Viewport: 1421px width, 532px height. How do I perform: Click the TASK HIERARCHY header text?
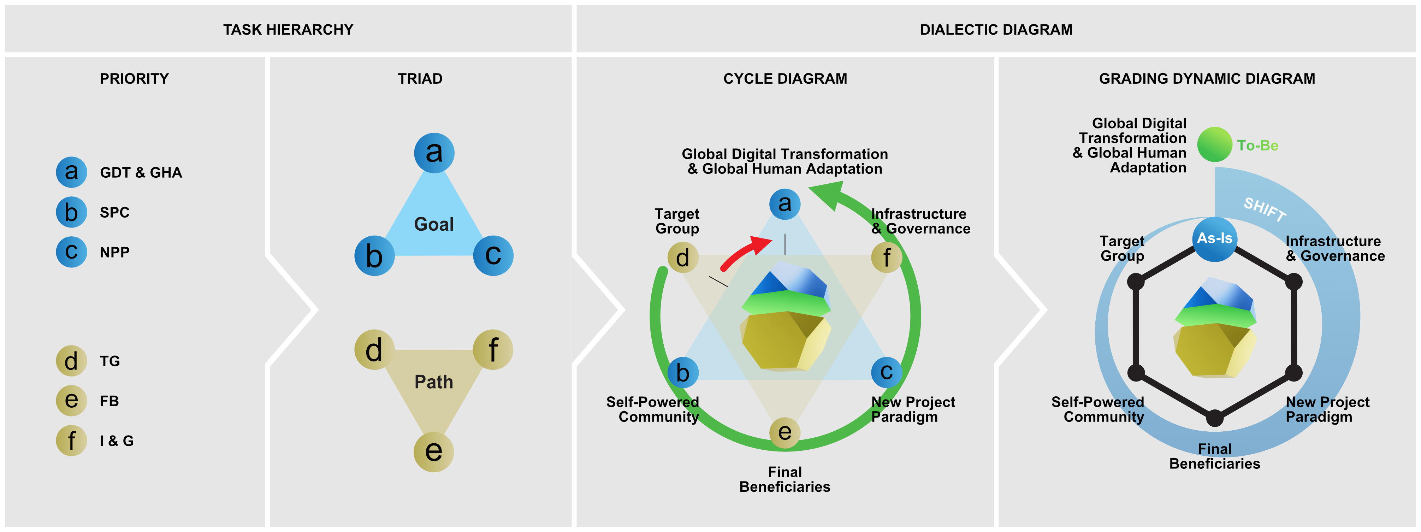pyautogui.click(x=288, y=30)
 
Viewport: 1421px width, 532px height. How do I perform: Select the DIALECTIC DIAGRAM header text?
pyautogui.click(x=996, y=30)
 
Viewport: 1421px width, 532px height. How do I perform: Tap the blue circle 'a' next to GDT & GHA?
pyautogui.click(x=71, y=172)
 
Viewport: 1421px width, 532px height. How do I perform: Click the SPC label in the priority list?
pyautogui.click(x=114, y=212)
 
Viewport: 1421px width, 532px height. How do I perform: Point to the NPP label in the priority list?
pyautogui.click(x=114, y=252)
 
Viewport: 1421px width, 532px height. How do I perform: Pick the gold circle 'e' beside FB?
pyautogui.click(x=71, y=401)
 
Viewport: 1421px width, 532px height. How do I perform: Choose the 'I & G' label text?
pyautogui.click(x=117, y=441)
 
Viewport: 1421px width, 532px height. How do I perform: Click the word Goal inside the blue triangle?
pyautogui.click(x=434, y=225)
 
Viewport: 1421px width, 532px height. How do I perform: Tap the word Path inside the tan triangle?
pyautogui.click(x=434, y=382)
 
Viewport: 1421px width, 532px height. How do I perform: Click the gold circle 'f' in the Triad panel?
pyautogui.click(x=493, y=349)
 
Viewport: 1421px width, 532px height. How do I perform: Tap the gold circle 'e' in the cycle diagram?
pyautogui.click(x=784, y=432)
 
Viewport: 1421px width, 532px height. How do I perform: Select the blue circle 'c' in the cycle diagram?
pyautogui.click(x=886, y=372)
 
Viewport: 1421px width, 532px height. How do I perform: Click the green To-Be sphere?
pyautogui.click(x=1214, y=144)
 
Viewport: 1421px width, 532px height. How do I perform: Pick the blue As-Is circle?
pyautogui.click(x=1214, y=238)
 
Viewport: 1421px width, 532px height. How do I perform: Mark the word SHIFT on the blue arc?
pyautogui.click(x=1264, y=209)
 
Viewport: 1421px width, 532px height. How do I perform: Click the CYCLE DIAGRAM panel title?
pyautogui.click(x=784, y=79)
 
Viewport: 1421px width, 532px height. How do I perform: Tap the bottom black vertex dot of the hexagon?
pyautogui.click(x=1214, y=418)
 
